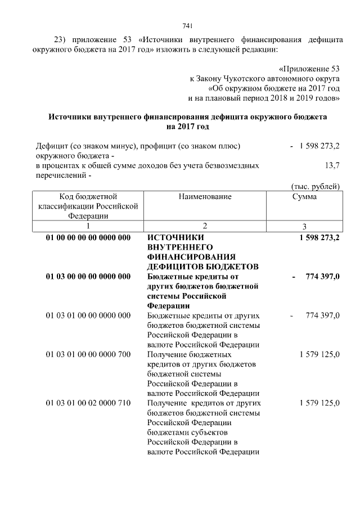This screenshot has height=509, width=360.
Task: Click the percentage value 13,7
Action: coord(332,166)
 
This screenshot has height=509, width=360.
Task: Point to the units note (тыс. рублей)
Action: coord(316,186)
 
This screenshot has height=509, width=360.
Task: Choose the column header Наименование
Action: coord(205,197)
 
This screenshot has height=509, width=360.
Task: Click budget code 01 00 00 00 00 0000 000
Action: coord(88,238)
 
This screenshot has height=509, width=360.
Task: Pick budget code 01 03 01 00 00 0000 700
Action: coord(88,355)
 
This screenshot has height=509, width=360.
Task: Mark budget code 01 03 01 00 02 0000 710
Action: coord(88,403)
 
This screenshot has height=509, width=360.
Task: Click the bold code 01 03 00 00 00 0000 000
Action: coord(88,277)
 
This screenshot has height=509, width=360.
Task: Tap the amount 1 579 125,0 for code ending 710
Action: coord(319,403)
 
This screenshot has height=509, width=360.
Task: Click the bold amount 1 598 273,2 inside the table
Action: coord(319,238)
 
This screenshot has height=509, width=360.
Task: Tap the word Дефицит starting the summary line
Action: coord(50,146)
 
